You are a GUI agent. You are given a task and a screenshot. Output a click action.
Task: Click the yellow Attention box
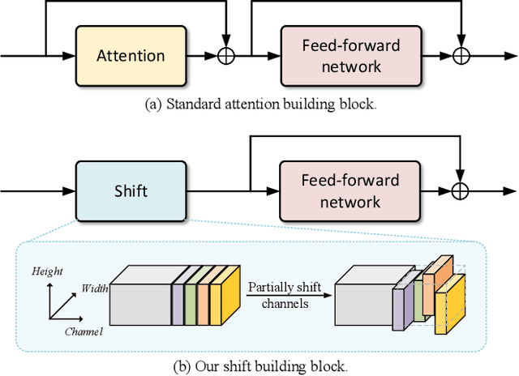(x=131, y=56)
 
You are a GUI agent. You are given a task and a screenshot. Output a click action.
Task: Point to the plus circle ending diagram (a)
(x=461, y=56)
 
